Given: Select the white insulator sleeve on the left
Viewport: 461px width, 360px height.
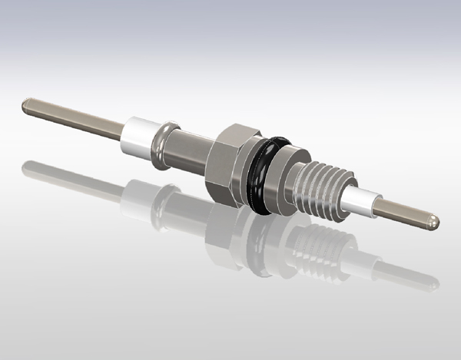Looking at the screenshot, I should (x=138, y=139).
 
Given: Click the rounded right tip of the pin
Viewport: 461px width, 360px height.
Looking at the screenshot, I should (x=435, y=221).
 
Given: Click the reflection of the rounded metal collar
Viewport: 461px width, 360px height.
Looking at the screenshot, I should (x=164, y=201).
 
